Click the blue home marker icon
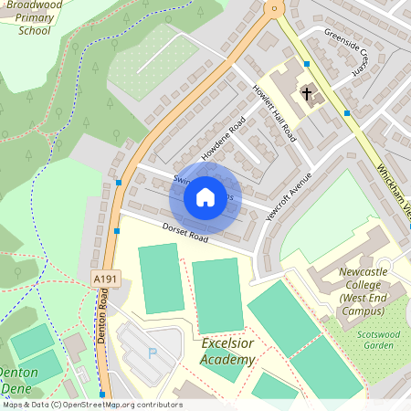pyautogui.click(x=205, y=196)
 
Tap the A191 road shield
pyautogui.click(x=104, y=278)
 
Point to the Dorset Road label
pyautogui.click(x=185, y=233)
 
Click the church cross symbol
pyautogui.click(x=307, y=93)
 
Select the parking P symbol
pyautogui.click(x=153, y=352)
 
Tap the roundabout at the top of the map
pyautogui.click(x=272, y=7)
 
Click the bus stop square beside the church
pyautogui.click(x=308, y=64)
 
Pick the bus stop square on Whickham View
pyautogui.click(x=346, y=113)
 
